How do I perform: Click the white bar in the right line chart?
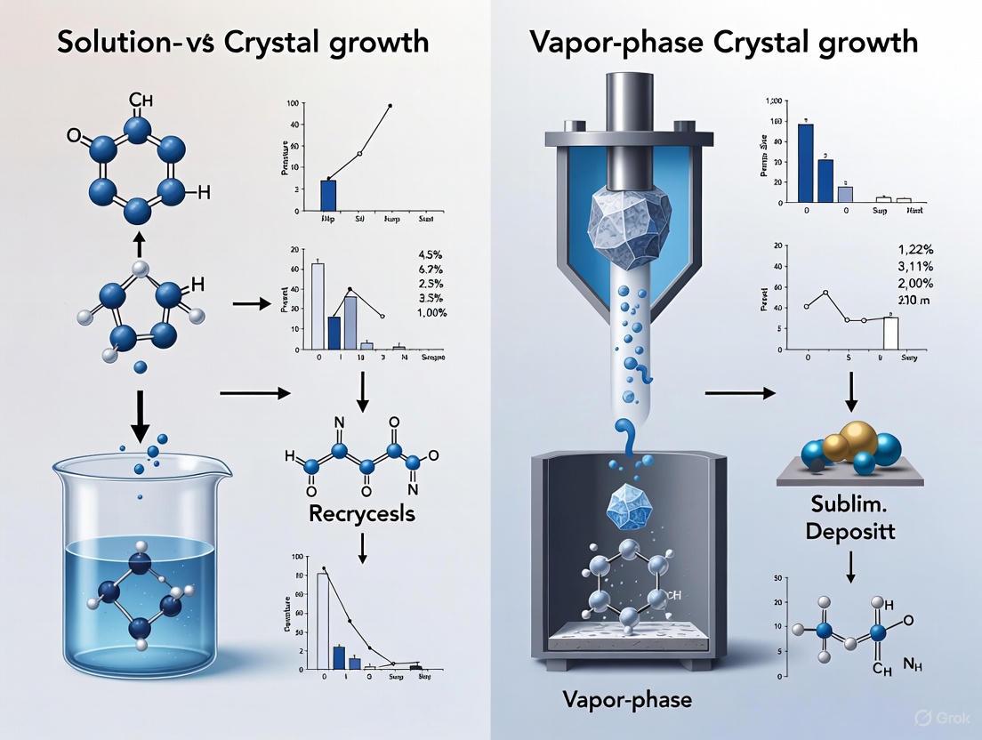coord(890,331)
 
